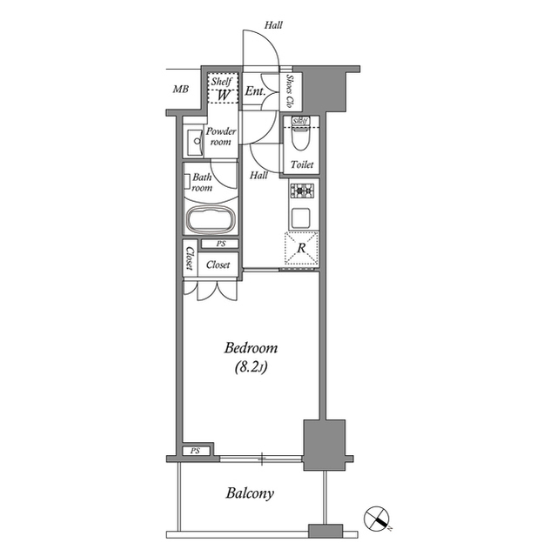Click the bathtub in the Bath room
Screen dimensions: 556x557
coord(210,219)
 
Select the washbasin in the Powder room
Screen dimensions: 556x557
coord(193,141)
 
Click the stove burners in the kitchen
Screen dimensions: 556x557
coord(301,191)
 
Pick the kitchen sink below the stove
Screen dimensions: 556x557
coord(301,217)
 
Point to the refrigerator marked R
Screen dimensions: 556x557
coord(301,248)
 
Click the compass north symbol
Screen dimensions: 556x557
coord(379,519)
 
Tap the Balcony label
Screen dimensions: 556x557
coord(250,493)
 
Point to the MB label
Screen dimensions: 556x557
coord(180,90)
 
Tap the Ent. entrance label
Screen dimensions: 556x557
coord(254,91)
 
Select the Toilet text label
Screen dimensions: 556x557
coord(302,164)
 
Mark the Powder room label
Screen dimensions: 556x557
coord(221,137)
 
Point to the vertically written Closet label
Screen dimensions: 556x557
coord(189,258)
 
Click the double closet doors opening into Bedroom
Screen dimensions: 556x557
coord(216,291)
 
